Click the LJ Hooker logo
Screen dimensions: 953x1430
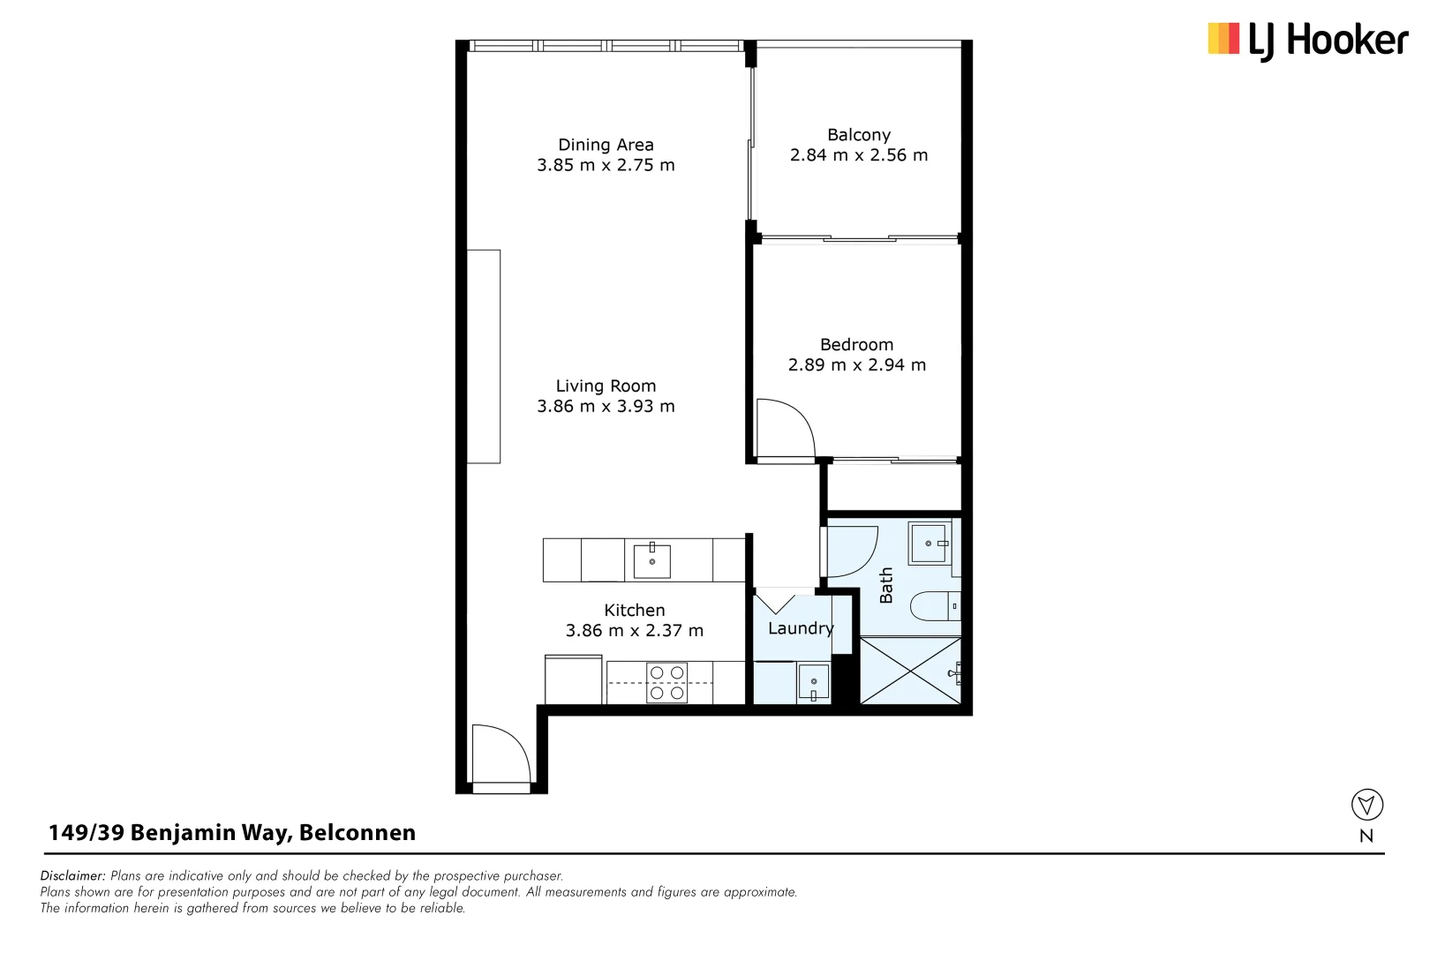[x=1307, y=41]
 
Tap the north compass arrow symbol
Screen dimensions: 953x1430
[x=1366, y=805]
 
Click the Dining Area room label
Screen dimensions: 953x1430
[x=606, y=145]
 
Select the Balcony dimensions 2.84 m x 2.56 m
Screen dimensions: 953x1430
[x=858, y=155]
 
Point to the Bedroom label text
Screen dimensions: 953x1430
[x=856, y=345]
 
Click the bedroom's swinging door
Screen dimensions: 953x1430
[x=785, y=428]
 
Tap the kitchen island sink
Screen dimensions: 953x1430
[x=651, y=561]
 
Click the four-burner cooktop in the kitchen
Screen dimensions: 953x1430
[x=667, y=683]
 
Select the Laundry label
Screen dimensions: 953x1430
[x=800, y=628]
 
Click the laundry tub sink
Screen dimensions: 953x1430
[x=813, y=683]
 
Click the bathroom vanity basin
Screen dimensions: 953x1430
[x=929, y=544]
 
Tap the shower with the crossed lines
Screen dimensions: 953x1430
[x=909, y=671]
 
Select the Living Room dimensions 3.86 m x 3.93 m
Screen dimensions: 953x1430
[x=606, y=407]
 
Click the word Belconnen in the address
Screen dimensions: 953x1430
[x=357, y=833]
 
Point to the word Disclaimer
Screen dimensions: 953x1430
[x=72, y=876]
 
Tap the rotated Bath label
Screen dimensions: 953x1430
[x=886, y=585]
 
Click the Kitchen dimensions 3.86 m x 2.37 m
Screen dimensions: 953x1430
[x=634, y=631]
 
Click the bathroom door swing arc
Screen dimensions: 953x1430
[x=852, y=552]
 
